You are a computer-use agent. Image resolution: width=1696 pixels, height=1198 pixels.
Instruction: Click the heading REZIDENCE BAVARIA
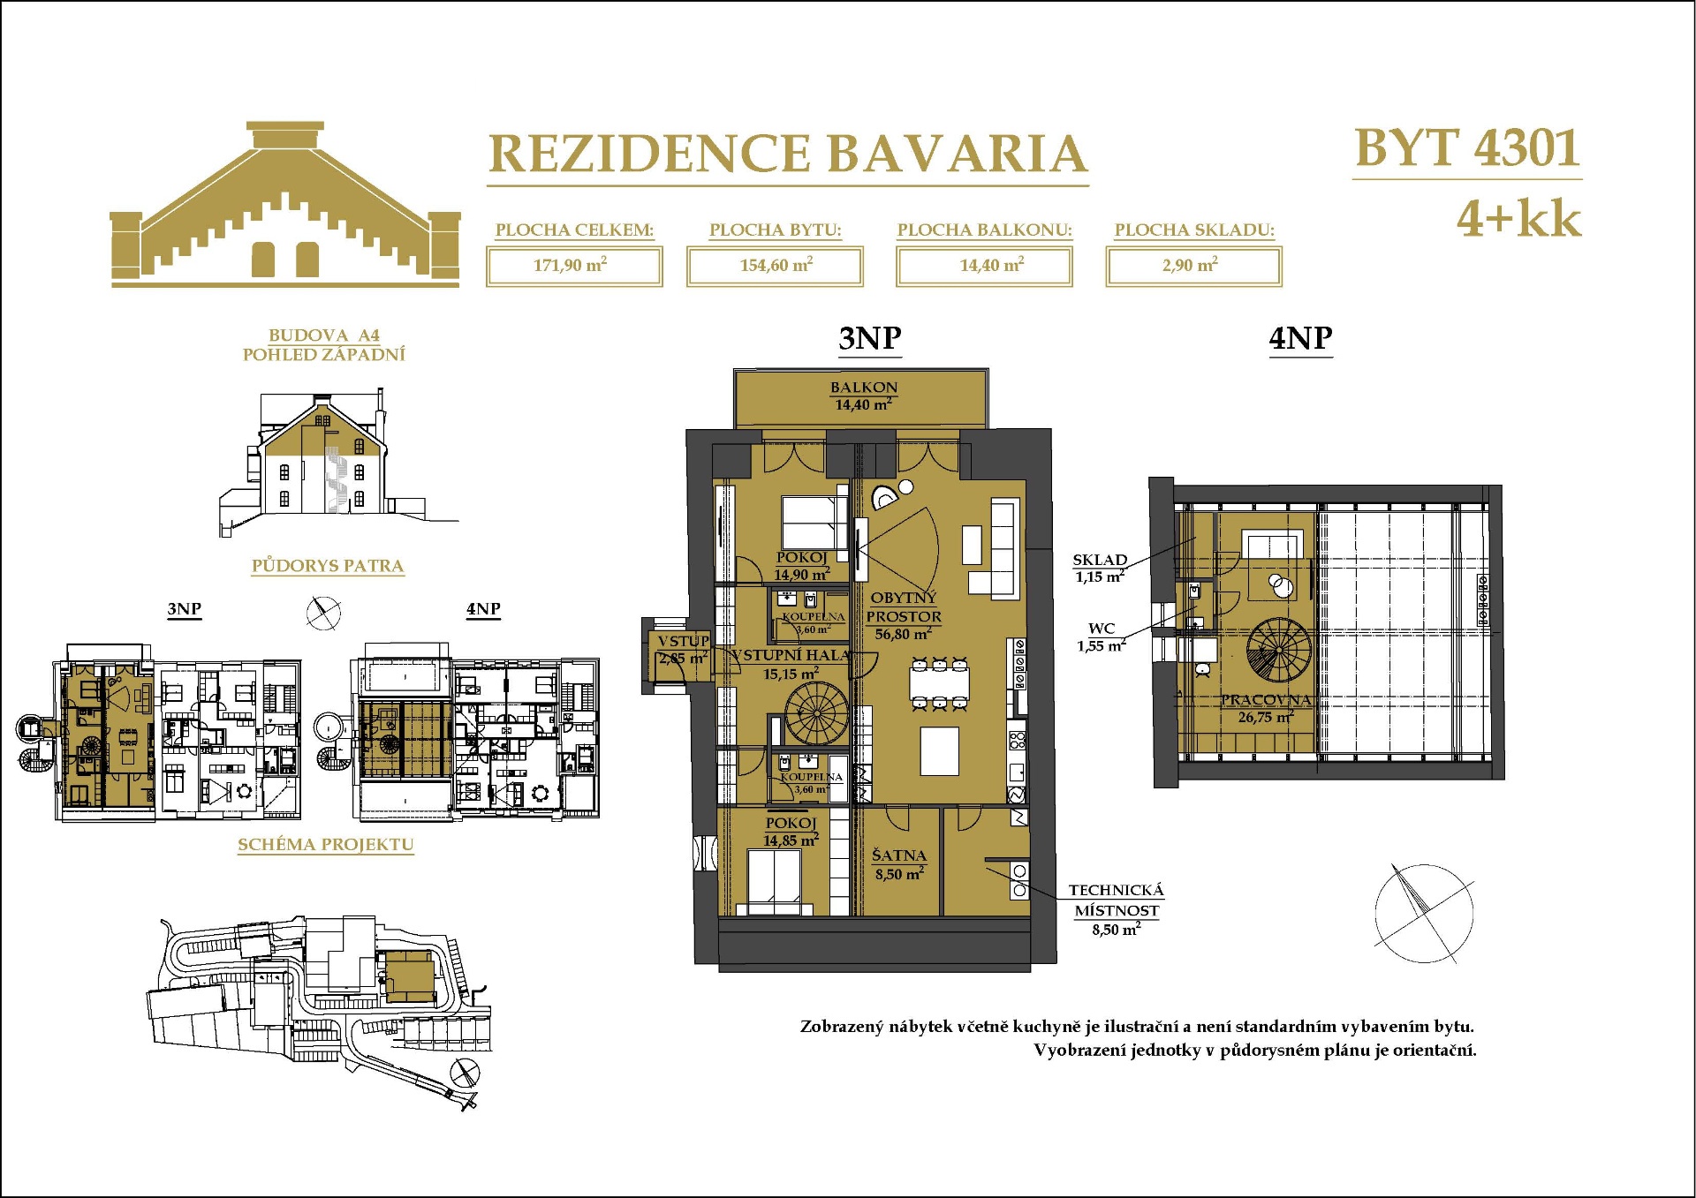tap(787, 154)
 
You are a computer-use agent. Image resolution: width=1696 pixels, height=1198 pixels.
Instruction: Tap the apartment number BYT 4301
tap(1466, 148)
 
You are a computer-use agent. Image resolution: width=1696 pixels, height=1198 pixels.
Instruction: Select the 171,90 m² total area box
tap(573, 266)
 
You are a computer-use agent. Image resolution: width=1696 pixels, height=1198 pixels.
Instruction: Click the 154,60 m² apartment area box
tap(775, 266)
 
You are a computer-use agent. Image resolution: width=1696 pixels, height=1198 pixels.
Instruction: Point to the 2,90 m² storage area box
tap(1192, 266)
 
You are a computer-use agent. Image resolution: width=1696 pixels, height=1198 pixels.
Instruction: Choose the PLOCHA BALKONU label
tap(984, 230)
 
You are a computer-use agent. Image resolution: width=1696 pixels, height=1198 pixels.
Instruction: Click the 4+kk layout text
tap(1518, 219)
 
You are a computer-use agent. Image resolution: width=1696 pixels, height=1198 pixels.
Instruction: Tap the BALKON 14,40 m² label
tap(863, 396)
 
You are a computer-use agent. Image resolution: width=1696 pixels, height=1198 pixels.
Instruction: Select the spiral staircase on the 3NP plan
tap(816, 714)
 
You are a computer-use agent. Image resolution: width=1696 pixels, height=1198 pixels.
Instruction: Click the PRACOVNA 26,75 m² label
tap(1265, 708)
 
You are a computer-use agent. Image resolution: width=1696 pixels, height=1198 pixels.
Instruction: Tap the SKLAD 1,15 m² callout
tap(1100, 568)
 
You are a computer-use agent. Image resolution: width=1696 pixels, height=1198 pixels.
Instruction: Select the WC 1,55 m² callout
tap(1101, 637)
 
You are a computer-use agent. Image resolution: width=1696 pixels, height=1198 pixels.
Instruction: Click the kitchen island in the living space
tap(940, 750)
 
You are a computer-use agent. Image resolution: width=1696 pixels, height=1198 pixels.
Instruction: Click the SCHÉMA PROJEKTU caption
tap(325, 844)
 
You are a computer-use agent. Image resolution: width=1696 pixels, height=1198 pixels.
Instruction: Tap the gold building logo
tap(284, 205)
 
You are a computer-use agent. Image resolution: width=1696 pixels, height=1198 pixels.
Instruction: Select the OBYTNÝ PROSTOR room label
tap(903, 615)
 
